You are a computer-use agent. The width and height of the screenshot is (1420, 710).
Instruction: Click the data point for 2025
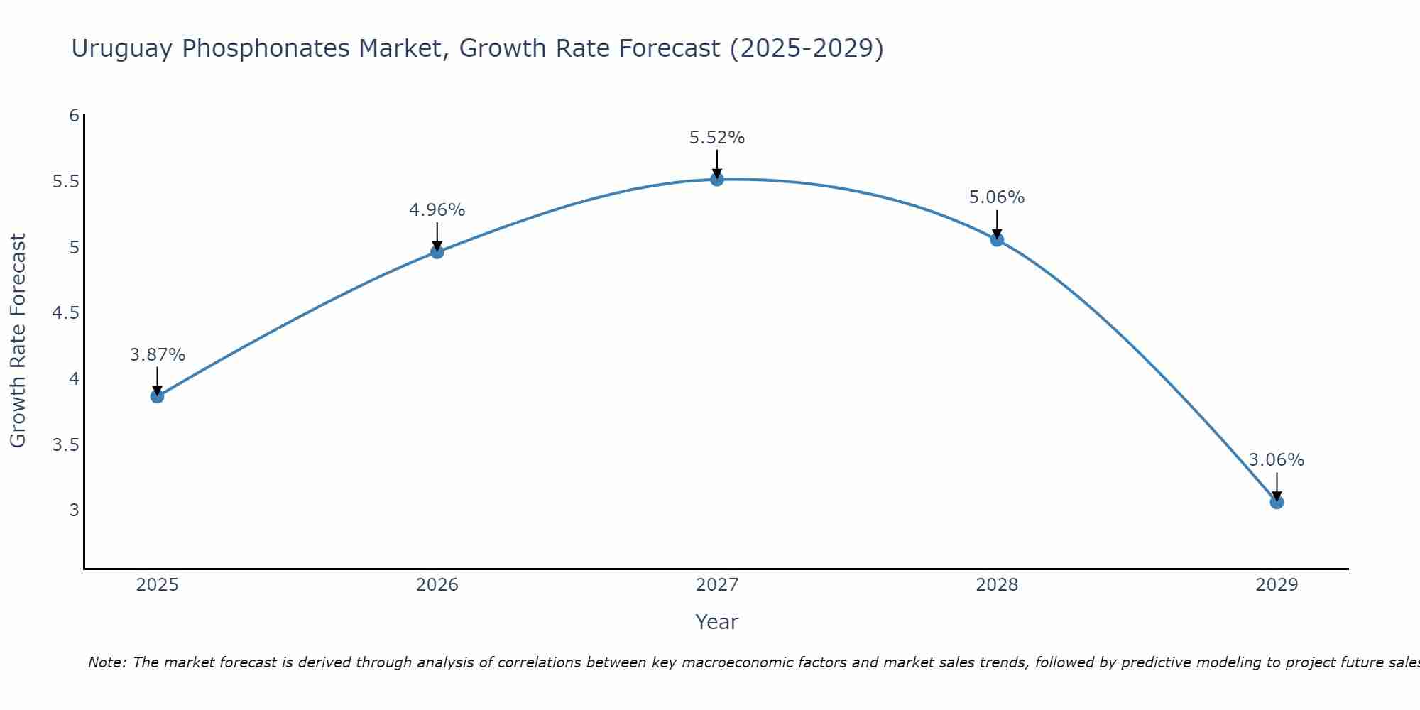coord(157,396)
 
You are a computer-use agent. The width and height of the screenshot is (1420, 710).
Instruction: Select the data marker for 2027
coord(717,179)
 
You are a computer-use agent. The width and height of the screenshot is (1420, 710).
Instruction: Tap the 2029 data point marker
coord(1277,502)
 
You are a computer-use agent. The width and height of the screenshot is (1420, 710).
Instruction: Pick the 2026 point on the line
coord(437,251)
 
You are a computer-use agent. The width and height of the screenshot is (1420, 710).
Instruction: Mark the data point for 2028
coord(997,239)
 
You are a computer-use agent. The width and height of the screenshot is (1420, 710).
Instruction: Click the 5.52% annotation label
coord(717,138)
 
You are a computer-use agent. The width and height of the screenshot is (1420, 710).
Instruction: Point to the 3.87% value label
coord(157,355)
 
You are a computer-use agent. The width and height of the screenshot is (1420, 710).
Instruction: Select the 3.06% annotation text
coord(1277,460)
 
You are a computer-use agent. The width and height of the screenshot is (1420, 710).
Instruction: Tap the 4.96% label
coord(437,210)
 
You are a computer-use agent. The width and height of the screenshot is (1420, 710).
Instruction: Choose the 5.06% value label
coord(997,197)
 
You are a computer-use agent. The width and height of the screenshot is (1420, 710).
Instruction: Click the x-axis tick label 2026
coord(437,585)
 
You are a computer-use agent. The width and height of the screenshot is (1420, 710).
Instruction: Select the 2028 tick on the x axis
coord(997,585)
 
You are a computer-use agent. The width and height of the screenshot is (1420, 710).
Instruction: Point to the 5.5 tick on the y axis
coord(65,182)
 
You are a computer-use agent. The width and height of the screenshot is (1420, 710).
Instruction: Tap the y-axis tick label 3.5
coord(65,445)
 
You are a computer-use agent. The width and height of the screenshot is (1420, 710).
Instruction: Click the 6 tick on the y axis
coord(74,116)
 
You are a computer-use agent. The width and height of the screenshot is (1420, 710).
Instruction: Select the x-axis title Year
coord(717,622)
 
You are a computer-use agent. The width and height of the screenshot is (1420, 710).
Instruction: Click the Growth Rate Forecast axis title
coord(18,341)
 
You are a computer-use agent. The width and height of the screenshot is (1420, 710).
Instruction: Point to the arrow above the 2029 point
coord(1277,486)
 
